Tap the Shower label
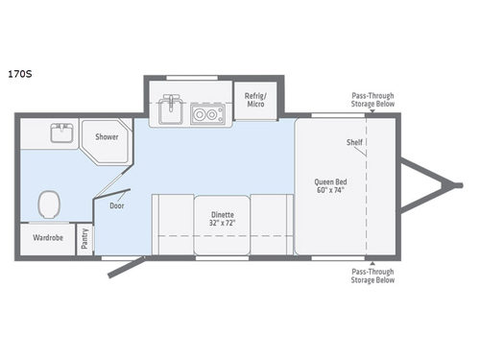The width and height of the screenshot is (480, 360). point(107,137)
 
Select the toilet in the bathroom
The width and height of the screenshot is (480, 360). point(48,204)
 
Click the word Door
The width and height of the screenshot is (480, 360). point(116,204)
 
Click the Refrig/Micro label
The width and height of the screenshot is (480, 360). point(254,99)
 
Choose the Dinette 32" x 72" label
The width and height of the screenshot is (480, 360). point(221,218)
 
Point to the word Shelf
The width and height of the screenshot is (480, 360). point(354,142)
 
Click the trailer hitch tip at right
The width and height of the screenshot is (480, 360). point(451,187)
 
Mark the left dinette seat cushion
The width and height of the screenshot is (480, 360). point(171,223)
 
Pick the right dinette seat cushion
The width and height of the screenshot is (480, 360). point(271,223)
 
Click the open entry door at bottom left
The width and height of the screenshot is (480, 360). point(126,266)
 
